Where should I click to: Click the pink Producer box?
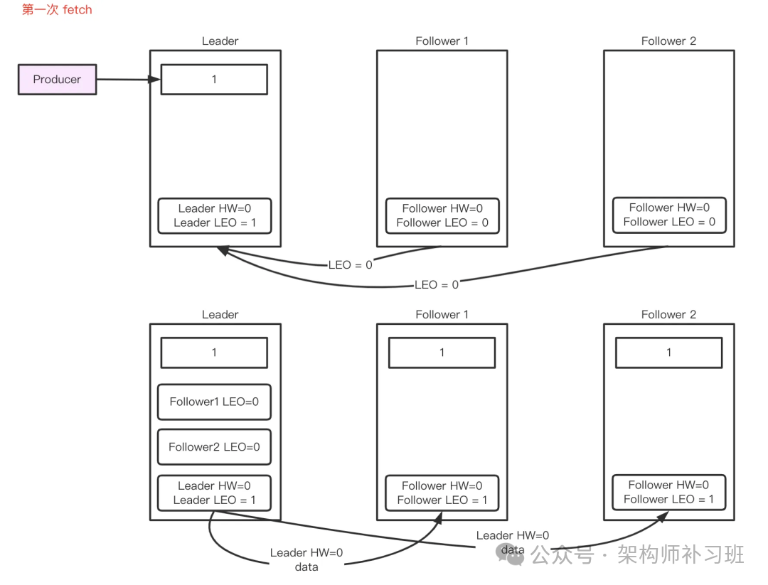[57, 80]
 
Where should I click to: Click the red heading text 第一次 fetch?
[57, 10]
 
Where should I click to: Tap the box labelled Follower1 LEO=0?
[214, 402]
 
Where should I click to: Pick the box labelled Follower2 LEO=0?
[214, 447]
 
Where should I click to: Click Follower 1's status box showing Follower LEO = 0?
[442, 215]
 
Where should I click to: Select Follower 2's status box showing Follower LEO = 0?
[669, 215]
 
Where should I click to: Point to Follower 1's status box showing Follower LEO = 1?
[442, 493]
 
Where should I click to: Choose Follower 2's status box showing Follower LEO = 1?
[668, 492]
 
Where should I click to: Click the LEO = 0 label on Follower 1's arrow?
[350, 265]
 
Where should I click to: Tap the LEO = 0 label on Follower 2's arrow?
[437, 284]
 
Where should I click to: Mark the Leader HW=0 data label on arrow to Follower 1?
[306, 559]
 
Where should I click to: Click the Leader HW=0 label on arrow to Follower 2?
[513, 536]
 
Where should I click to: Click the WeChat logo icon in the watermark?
[510, 554]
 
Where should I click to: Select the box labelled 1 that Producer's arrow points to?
[214, 80]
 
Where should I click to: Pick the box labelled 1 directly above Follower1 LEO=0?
[214, 353]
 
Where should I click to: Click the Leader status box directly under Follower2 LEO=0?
[214, 493]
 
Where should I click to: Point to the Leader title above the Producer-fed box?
[220, 41]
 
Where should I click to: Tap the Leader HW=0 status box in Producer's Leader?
[214, 215]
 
